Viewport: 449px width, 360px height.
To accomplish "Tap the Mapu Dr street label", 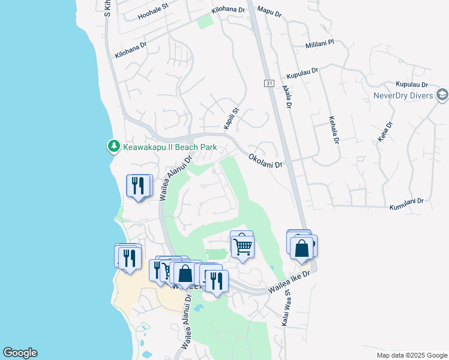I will click(x=269, y=10).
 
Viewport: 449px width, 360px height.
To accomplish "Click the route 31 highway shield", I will click(x=268, y=83).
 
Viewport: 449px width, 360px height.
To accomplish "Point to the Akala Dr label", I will click(x=286, y=97).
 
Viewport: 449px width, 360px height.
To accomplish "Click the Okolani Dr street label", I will click(x=265, y=160).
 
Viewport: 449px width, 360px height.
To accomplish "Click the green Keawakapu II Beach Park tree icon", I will click(x=113, y=146).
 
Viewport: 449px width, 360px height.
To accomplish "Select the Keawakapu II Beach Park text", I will click(x=170, y=146).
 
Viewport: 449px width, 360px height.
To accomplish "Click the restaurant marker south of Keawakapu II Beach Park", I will click(x=139, y=186).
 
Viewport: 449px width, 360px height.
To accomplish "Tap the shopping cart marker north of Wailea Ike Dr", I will click(x=242, y=245).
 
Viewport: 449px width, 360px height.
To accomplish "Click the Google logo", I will click(x=20, y=353).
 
